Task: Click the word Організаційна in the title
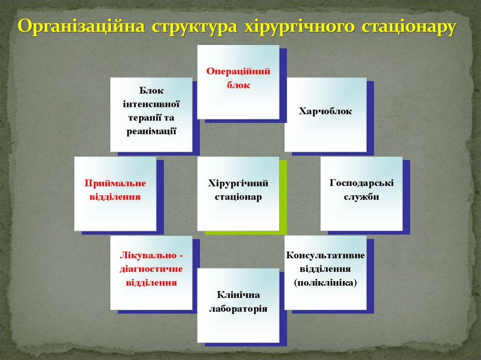pyautogui.click(x=80, y=27)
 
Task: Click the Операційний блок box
pyautogui.click(x=238, y=82)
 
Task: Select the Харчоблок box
pyautogui.click(x=325, y=115)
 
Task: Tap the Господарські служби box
pyautogui.click(x=361, y=193)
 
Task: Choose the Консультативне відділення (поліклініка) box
pyautogui.click(x=325, y=272)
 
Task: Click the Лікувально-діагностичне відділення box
pyautogui.click(x=151, y=272)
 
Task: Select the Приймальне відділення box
pyautogui.click(x=115, y=193)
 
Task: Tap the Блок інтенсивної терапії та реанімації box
pyautogui.click(x=151, y=115)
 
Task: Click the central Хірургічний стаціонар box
pyautogui.click(x=238, y=193)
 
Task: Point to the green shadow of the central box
pyautogui.click(x=283, y=197)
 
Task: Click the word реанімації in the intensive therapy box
pyautogui.click(x=151, y=132)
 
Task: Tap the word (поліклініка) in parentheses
pyautogui.click(x=326, y=283)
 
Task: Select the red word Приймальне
pyautogui.click(x=115, y=183)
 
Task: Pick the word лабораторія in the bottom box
pyautogui.click(x=238, y=309)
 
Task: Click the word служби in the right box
pyautogui.click(x=361, y=197)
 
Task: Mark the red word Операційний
pyautogui.click(x=238, y=71)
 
